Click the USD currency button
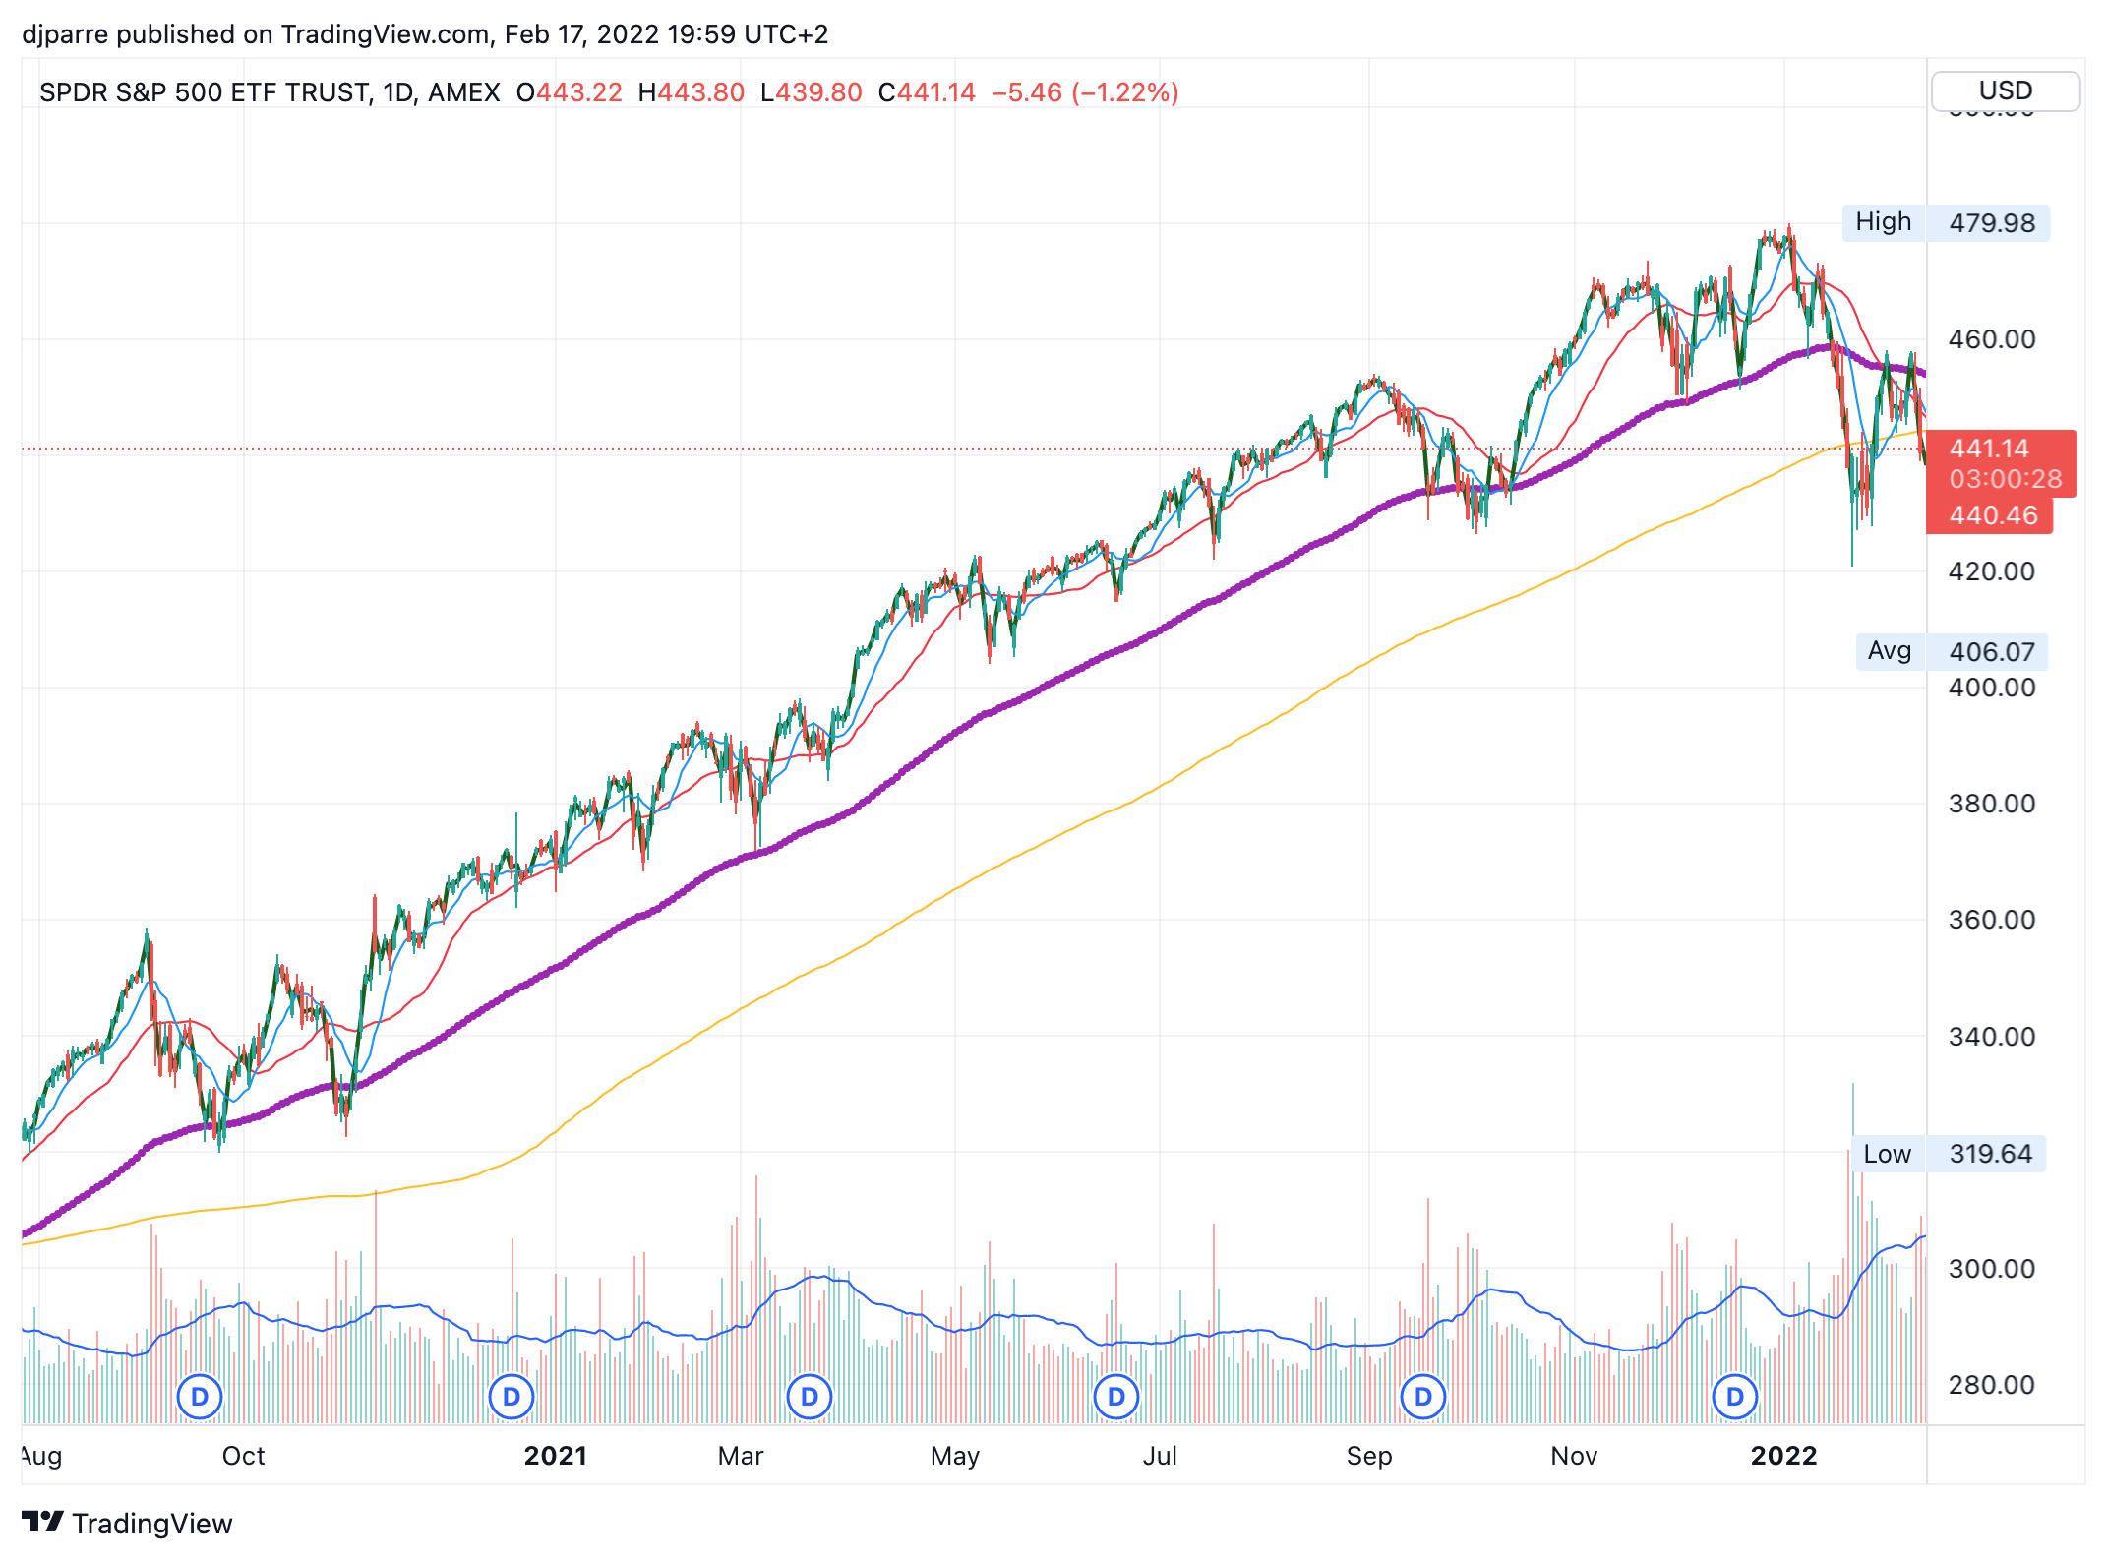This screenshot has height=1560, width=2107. (x=2005, y=91)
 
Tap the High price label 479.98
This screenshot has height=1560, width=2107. (x=1991, y=223)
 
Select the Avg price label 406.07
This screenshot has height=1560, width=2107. (x=1991, y=652)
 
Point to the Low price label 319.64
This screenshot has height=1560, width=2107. (x=1990, y=1154)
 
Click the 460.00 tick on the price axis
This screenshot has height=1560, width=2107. (x=1991, y=339)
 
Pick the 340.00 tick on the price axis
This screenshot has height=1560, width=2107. (x=1991, y=1037)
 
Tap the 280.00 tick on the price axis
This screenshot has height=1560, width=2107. (x=1991, y=1385)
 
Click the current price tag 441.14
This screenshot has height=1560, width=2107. (x=1989, y=449)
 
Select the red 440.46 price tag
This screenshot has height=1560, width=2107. (x=1993, y=515)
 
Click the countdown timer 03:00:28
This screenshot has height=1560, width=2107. (x=2005, y=479)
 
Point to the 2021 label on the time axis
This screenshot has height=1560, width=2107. (x=555, y=1456)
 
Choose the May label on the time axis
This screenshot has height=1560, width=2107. (x=954, y=1456)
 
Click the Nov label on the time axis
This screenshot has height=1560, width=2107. (x=1573, y=1456)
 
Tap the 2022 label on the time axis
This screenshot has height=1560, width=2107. (x=1783, y=1456)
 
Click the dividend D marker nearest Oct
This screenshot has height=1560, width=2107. (x=200, y=1397)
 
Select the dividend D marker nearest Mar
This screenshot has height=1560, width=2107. (x=810, y=1397)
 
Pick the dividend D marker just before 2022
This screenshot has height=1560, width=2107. (x=1735, y=1397)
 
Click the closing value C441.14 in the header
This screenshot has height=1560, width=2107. (x=927, y=92)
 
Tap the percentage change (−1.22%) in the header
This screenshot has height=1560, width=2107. (x=1125, y=92)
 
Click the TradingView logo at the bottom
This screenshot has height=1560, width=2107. (x=128, y=1523)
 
